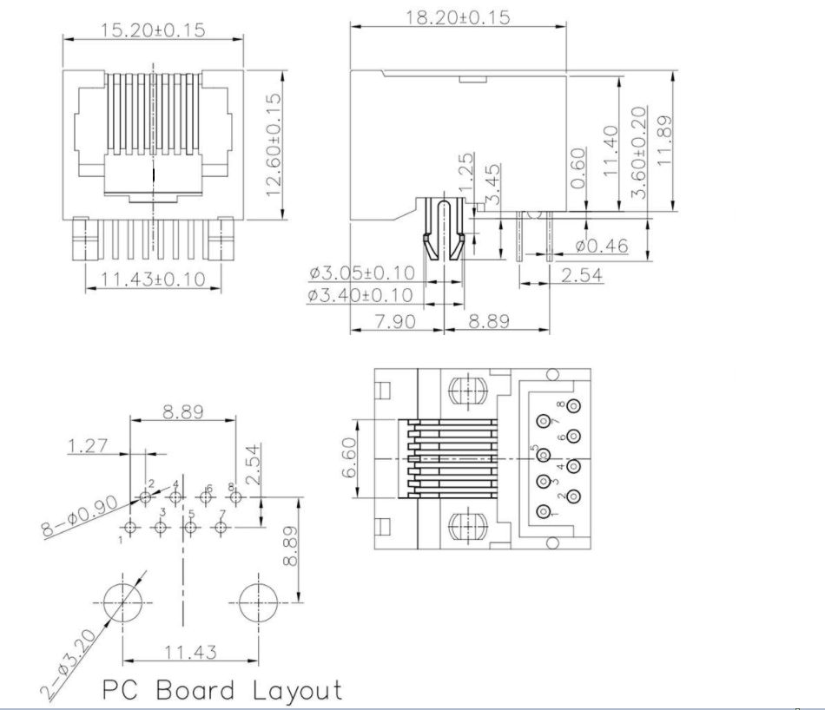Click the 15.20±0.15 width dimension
click(x=153, y=30)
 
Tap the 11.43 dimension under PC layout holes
click(x=191, y=651)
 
